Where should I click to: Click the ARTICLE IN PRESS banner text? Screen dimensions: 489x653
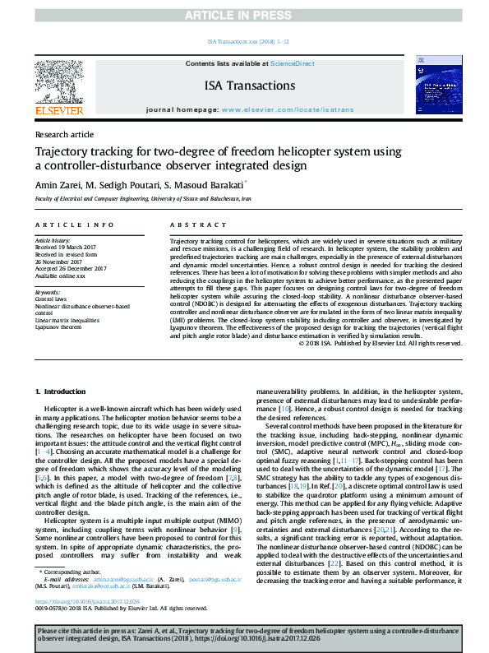coord(244,16)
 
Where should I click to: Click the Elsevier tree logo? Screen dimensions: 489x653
coord(61,80)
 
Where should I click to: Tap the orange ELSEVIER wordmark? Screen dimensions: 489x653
coord(61,109)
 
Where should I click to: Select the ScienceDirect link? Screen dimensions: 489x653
coord(293,63)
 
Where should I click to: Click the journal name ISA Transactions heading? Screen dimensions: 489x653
coord(250,86)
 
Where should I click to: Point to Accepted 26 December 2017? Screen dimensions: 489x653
coord(72,268)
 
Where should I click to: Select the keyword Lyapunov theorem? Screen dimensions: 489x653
coord(59,327)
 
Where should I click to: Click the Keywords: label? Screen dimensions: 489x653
coord(48,292)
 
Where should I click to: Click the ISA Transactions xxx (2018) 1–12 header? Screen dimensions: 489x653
coord(244,41)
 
